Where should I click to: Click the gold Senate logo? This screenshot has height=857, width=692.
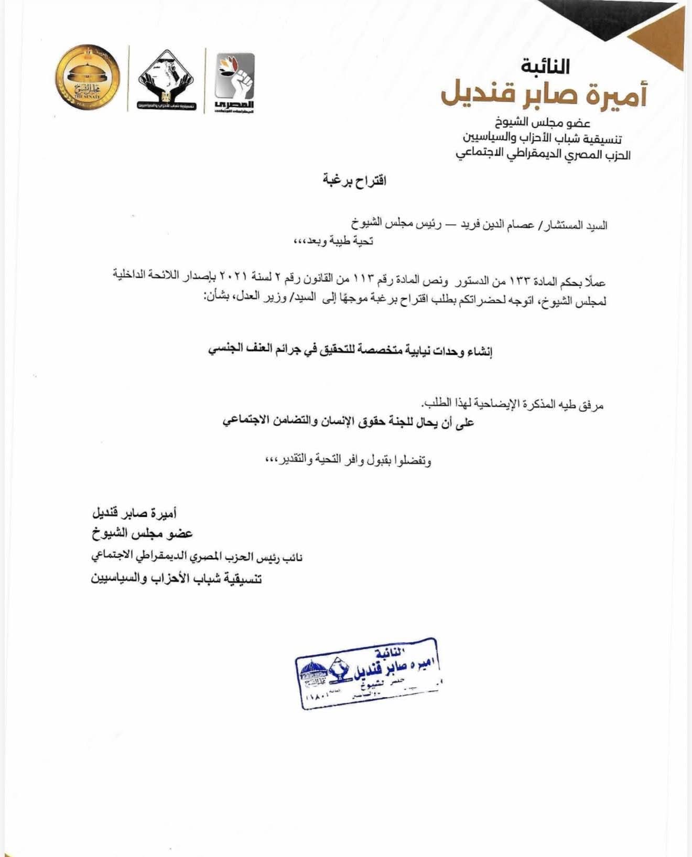click(88, 78)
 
